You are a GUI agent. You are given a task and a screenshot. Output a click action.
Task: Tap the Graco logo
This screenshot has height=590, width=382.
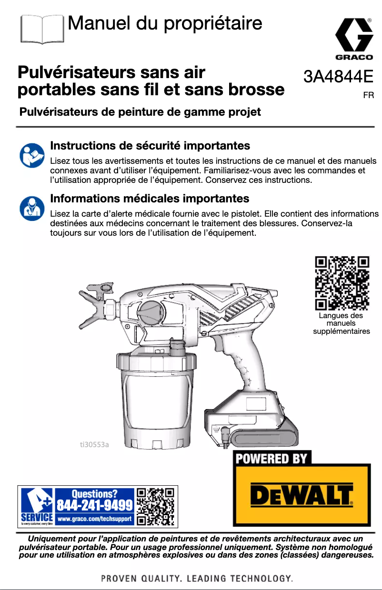tap(354, 39)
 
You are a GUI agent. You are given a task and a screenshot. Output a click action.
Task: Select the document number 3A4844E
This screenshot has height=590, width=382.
tap(338, 76)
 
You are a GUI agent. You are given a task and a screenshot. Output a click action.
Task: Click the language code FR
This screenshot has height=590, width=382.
tap(368, 96)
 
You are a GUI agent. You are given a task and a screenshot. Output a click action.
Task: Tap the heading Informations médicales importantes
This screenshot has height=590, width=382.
tap(150, 198)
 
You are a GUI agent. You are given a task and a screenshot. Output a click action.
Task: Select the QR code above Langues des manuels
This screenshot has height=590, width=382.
tap(342, 283)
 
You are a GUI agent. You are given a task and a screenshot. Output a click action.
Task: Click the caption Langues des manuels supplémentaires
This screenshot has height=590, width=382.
tap(341, 323)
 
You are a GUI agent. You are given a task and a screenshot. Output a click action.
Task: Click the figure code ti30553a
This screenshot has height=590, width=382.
tap(94, 445)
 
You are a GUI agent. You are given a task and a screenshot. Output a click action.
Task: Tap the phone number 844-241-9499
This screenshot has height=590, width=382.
tap(95, 504)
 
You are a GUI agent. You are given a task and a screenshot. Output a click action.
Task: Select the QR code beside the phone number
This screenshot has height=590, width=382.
tap(155, 506)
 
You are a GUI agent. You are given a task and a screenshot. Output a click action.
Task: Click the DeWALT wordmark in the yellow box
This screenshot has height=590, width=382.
tap(302, 496)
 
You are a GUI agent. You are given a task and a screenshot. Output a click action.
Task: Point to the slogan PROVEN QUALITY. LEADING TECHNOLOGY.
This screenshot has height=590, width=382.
tap(196, 579)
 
